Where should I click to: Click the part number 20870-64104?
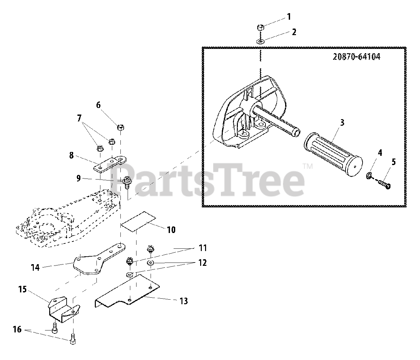[356, 57]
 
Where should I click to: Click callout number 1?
[289, 16]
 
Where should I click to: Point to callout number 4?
[380, 153]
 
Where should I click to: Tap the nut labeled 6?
[120, 127]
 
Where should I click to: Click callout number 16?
[17, 329]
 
